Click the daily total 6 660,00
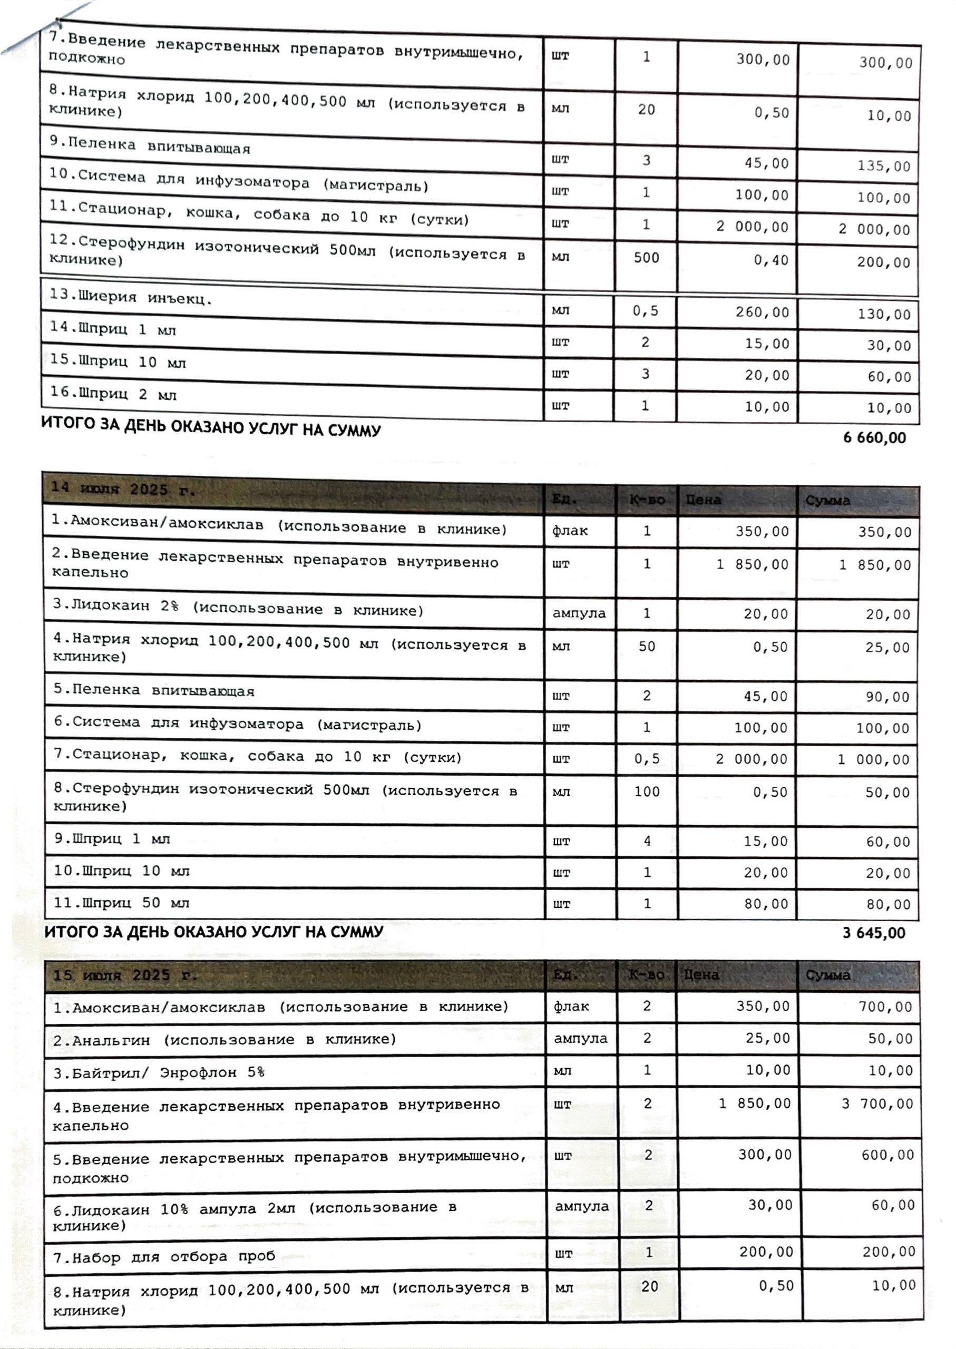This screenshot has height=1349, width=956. coord(874,438)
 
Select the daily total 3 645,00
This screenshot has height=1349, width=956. coord(874,933)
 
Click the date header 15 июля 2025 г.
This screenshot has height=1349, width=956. coord(125,975)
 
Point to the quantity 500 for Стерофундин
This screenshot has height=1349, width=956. coord(646,258)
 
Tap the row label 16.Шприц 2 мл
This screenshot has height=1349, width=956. coord(113,394)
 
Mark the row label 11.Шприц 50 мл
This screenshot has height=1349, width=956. coord(122,903)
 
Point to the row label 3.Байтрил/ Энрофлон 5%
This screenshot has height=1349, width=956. coord(159,1072)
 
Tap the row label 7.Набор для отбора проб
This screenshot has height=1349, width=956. coord(164,1257)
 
